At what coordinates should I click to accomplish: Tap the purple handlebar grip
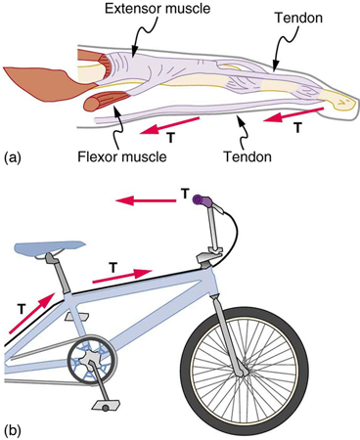[x=203, y=200]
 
